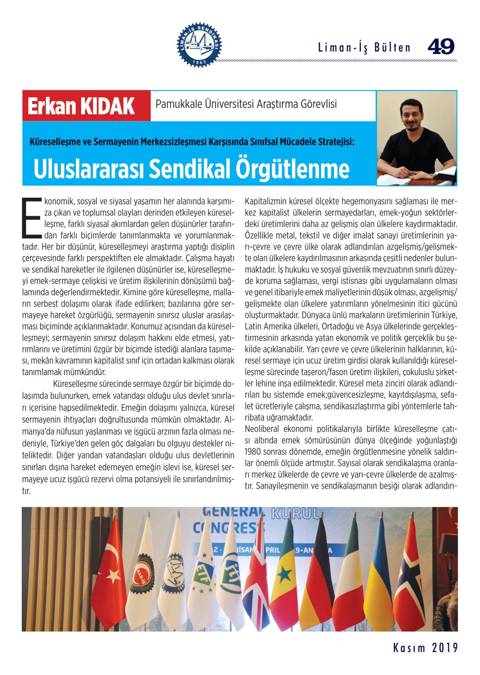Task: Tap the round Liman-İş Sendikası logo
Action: coord(199,45)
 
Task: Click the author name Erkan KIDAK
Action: coord(81,106)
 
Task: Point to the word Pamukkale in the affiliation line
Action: coord(178,104)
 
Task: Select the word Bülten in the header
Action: coord(392,48)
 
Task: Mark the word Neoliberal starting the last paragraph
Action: coord(262,429)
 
